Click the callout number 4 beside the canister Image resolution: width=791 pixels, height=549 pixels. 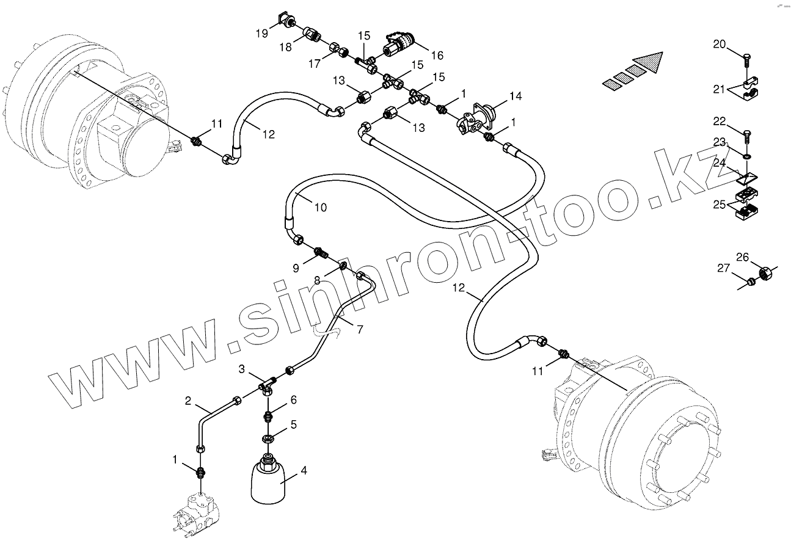pos(304,470)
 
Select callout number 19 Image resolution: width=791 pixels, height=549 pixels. pos(262,34)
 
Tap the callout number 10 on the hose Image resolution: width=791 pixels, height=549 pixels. pos(321,208)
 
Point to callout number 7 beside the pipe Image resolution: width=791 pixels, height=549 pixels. pos(360,329)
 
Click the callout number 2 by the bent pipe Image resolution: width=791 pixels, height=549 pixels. pos(189,401)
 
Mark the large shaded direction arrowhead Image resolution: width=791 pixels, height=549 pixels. pos(649,62)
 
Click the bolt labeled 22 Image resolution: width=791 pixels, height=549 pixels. pos(746,133)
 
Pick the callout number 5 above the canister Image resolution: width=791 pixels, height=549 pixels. pos(293,424)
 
